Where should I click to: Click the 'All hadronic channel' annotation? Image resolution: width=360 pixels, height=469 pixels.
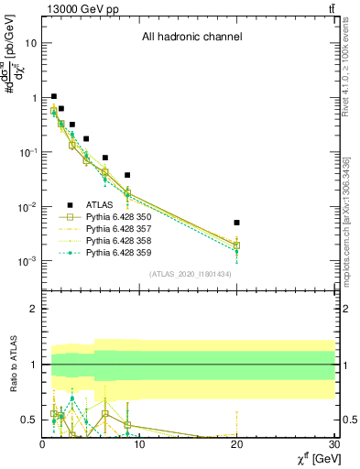tap(191, 38)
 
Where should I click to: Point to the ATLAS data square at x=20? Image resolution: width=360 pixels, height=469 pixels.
tap(236, 223)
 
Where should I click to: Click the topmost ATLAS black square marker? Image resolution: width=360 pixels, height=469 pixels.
tap(54, 96)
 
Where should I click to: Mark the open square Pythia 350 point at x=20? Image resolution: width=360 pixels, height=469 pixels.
tap(236, 245)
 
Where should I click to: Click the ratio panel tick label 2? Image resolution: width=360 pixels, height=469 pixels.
tap(34, 309)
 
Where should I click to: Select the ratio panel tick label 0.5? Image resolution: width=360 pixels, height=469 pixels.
tap(29, 420)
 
